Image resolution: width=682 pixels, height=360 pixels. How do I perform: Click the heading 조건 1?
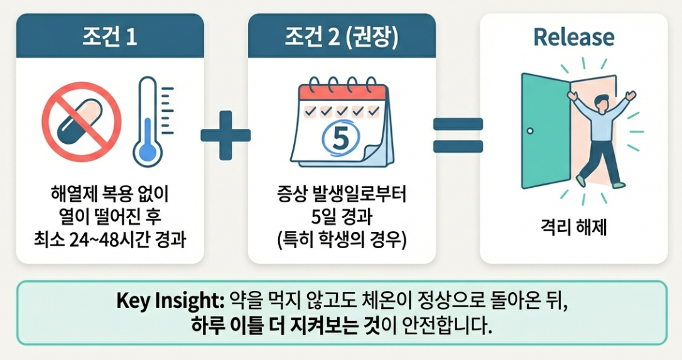110,37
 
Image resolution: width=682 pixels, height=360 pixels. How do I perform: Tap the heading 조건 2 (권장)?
342,37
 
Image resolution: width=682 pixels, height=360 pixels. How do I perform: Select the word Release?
573,37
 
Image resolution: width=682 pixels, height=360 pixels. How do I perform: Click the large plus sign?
225,134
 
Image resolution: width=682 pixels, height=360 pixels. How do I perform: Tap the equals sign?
458,134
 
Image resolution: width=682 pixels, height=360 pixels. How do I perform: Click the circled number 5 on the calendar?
339,139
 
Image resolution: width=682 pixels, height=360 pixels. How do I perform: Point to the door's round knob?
531,131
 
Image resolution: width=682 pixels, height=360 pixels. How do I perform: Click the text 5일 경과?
342,218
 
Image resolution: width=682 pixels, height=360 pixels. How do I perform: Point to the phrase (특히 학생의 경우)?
342,239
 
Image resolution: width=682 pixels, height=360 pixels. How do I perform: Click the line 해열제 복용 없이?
110,195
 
